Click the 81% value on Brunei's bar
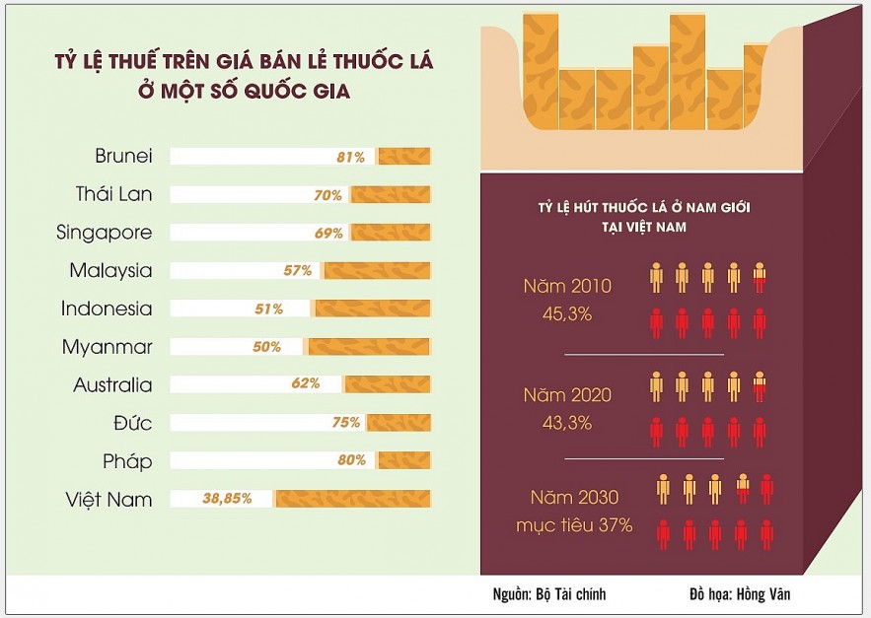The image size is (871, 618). [350, 157]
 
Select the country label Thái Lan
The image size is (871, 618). [113, 194]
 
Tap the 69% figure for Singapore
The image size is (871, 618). [328, 234]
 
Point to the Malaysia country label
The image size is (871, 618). [110, 270]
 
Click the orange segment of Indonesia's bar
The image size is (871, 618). [371, 309]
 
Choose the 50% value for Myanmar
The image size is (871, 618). [266, 347]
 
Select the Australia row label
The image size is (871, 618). [112, 384]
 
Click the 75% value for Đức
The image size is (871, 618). [346, 423]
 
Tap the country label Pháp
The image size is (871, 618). [127, 462]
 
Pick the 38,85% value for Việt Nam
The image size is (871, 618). [227, 498]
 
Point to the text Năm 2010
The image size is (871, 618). [567, 286]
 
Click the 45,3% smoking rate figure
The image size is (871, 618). [567, 314]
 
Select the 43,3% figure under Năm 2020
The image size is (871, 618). [567, 423]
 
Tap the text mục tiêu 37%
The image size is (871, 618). [574, 525]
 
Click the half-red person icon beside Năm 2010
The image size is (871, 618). [760, 277]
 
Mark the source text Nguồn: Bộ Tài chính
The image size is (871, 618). [548, 593]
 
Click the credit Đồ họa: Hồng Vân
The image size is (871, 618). [740, 593]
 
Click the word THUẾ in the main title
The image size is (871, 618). [133, 61]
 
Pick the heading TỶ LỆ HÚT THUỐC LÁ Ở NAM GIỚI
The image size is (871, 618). [644, 208]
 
